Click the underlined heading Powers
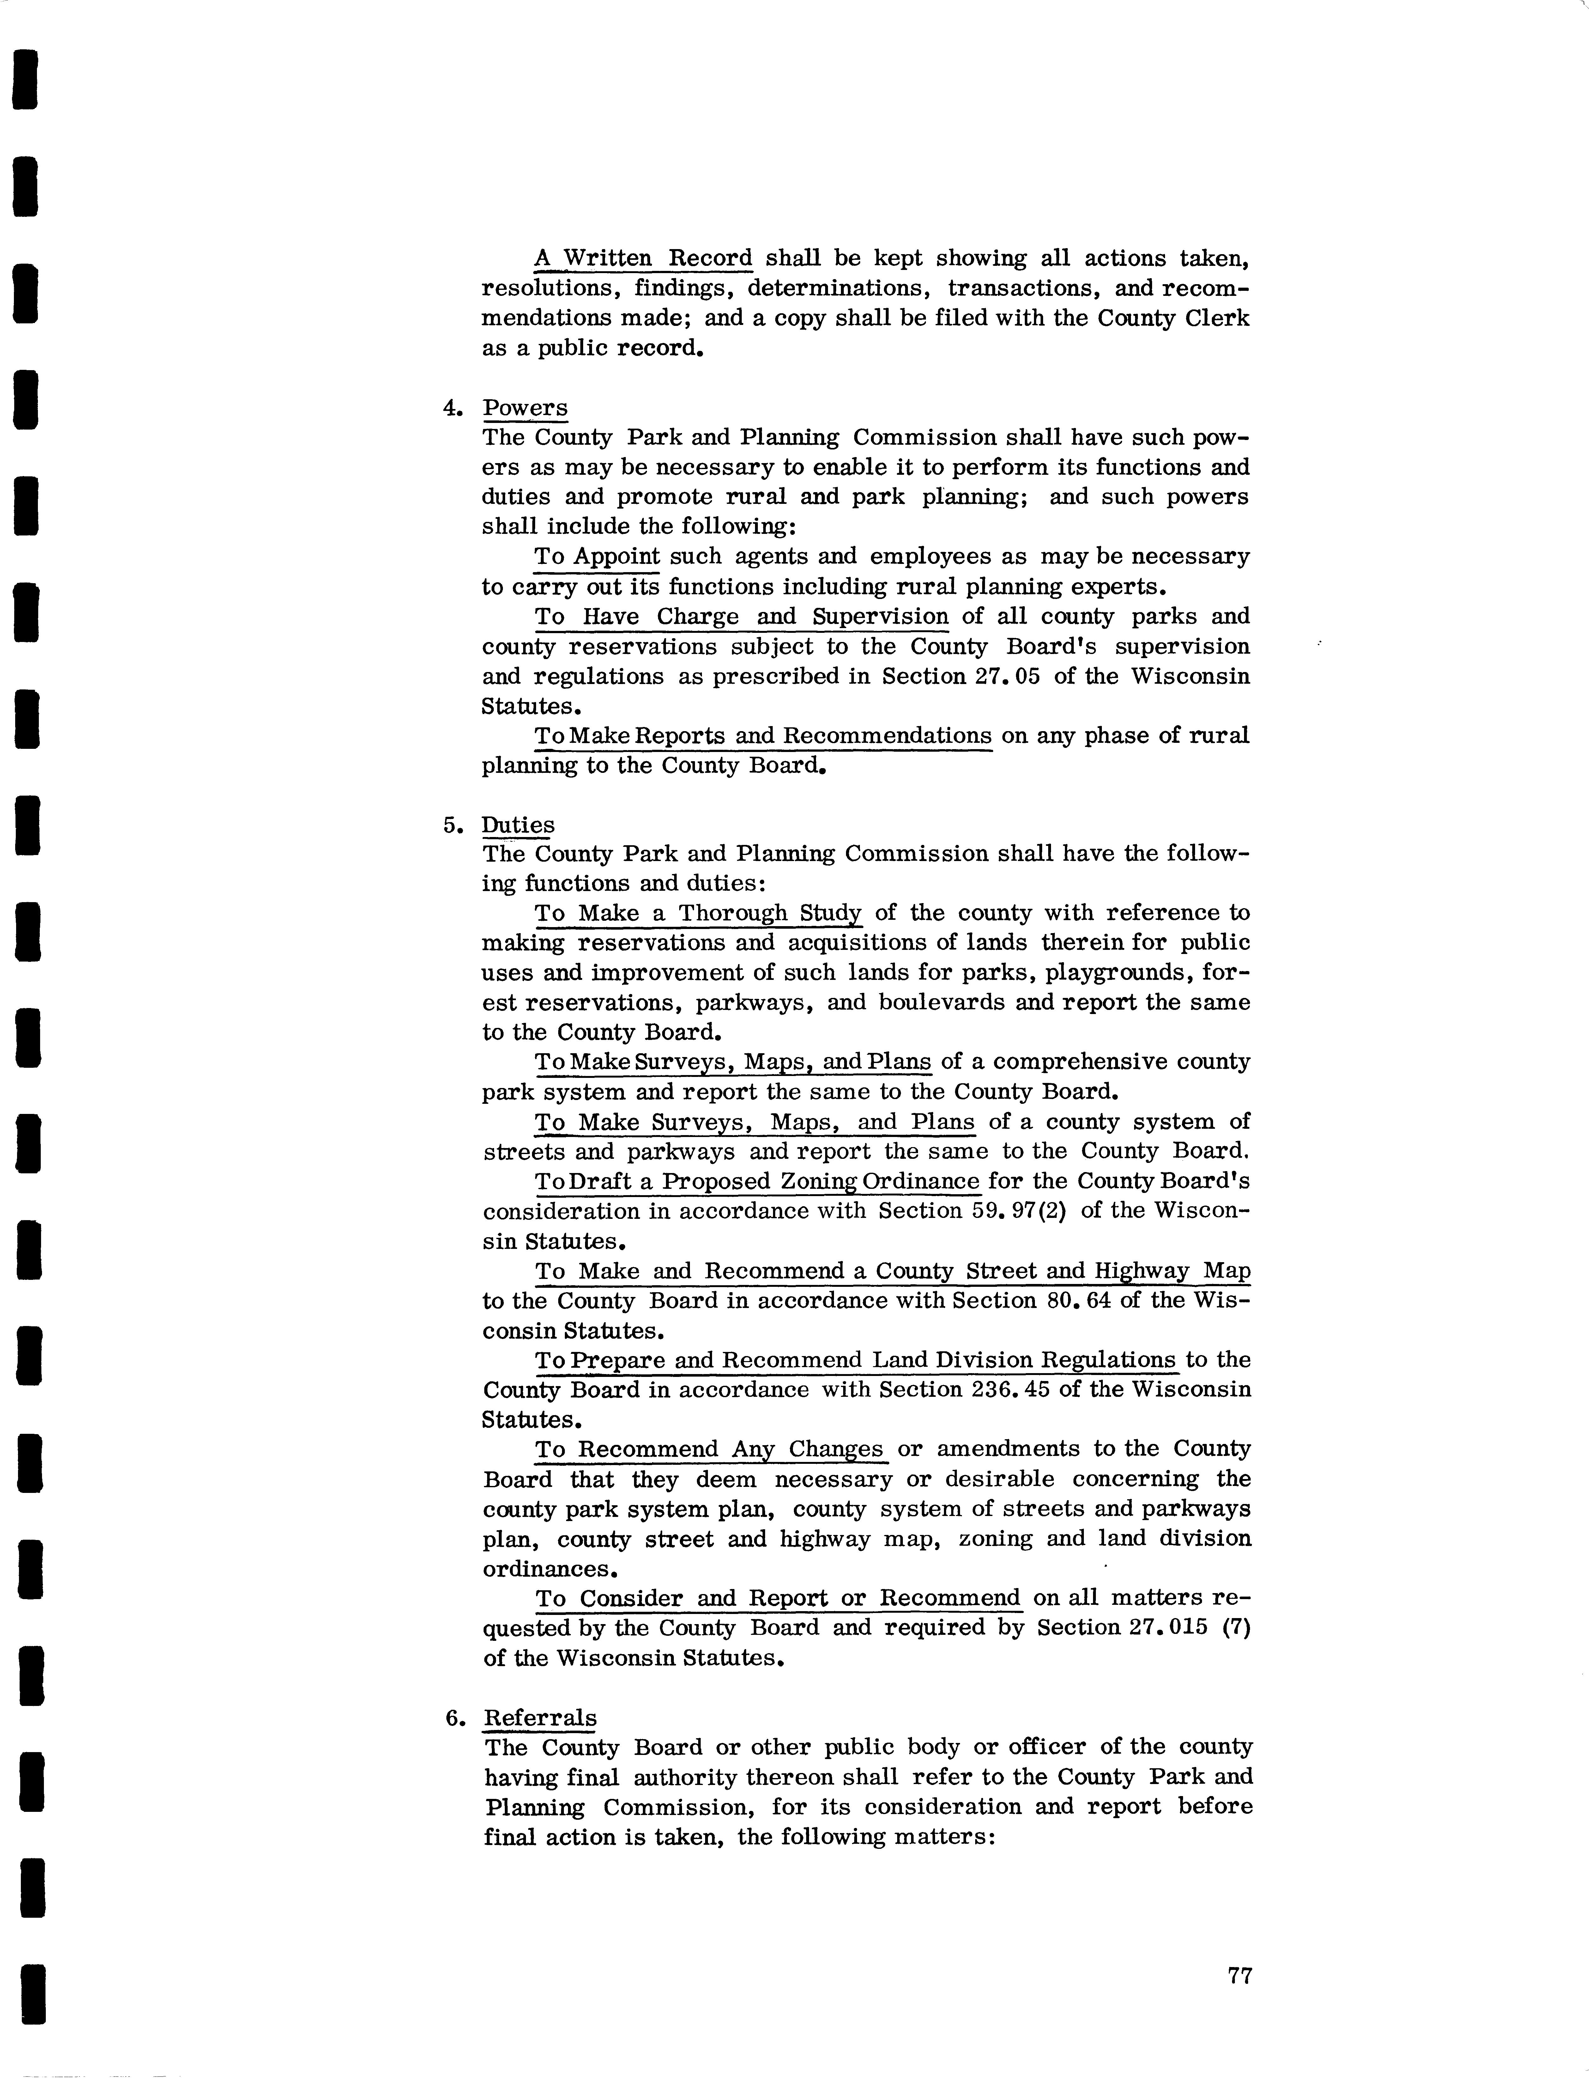pos(525,408)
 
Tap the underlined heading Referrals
pos(540,1717)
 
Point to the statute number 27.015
pos(1170,1628)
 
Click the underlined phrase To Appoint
pos(597,556)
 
